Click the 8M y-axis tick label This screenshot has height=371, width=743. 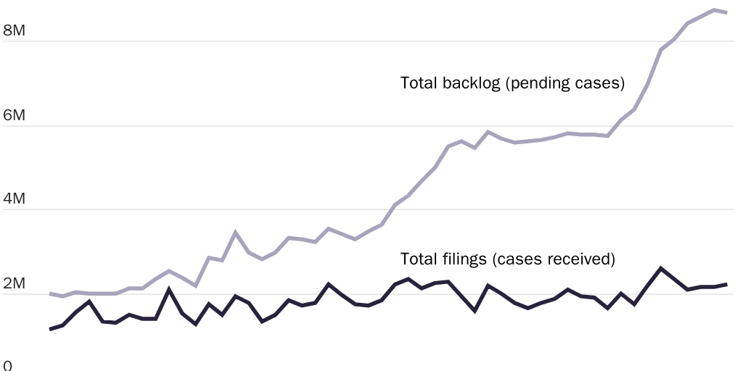click(14, 30)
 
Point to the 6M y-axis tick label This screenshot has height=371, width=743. click(14, 115)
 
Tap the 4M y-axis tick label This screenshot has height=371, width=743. click(14, 199)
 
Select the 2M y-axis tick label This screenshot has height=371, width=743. click(14, 283)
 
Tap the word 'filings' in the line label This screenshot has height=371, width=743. click(464, 259)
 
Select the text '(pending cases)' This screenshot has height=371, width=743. click(565, 83)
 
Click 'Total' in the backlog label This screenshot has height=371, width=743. click(419, 83)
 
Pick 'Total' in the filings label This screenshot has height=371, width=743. click(419, 259)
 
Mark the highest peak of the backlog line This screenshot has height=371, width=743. click(714, 10)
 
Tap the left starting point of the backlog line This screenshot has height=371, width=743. click(49, 293)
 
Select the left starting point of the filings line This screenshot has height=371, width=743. click(49, 330)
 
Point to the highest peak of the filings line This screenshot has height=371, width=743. click(661, 268)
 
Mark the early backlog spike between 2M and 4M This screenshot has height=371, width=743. click(235, 232)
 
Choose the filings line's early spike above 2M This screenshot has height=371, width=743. click(169, 289)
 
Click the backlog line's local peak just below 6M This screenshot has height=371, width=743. click(488, 132)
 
